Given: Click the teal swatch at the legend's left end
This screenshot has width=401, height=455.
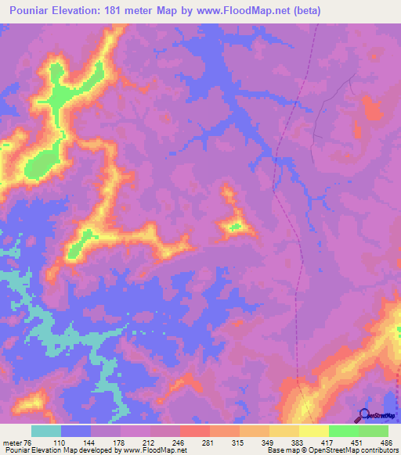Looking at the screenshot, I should coord(46,432).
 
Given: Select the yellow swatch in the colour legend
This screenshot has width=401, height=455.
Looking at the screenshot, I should coord(314,432).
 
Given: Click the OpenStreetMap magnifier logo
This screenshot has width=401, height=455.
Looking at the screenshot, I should coord(363,415).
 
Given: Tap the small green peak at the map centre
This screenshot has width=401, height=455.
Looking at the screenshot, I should coord(233,227).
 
